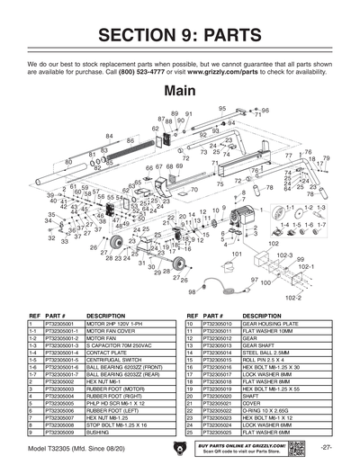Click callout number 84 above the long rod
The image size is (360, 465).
tap(109, 136)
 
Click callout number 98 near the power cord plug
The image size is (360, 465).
tap(190, 291)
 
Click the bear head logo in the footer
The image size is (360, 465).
tap(180, 447)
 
